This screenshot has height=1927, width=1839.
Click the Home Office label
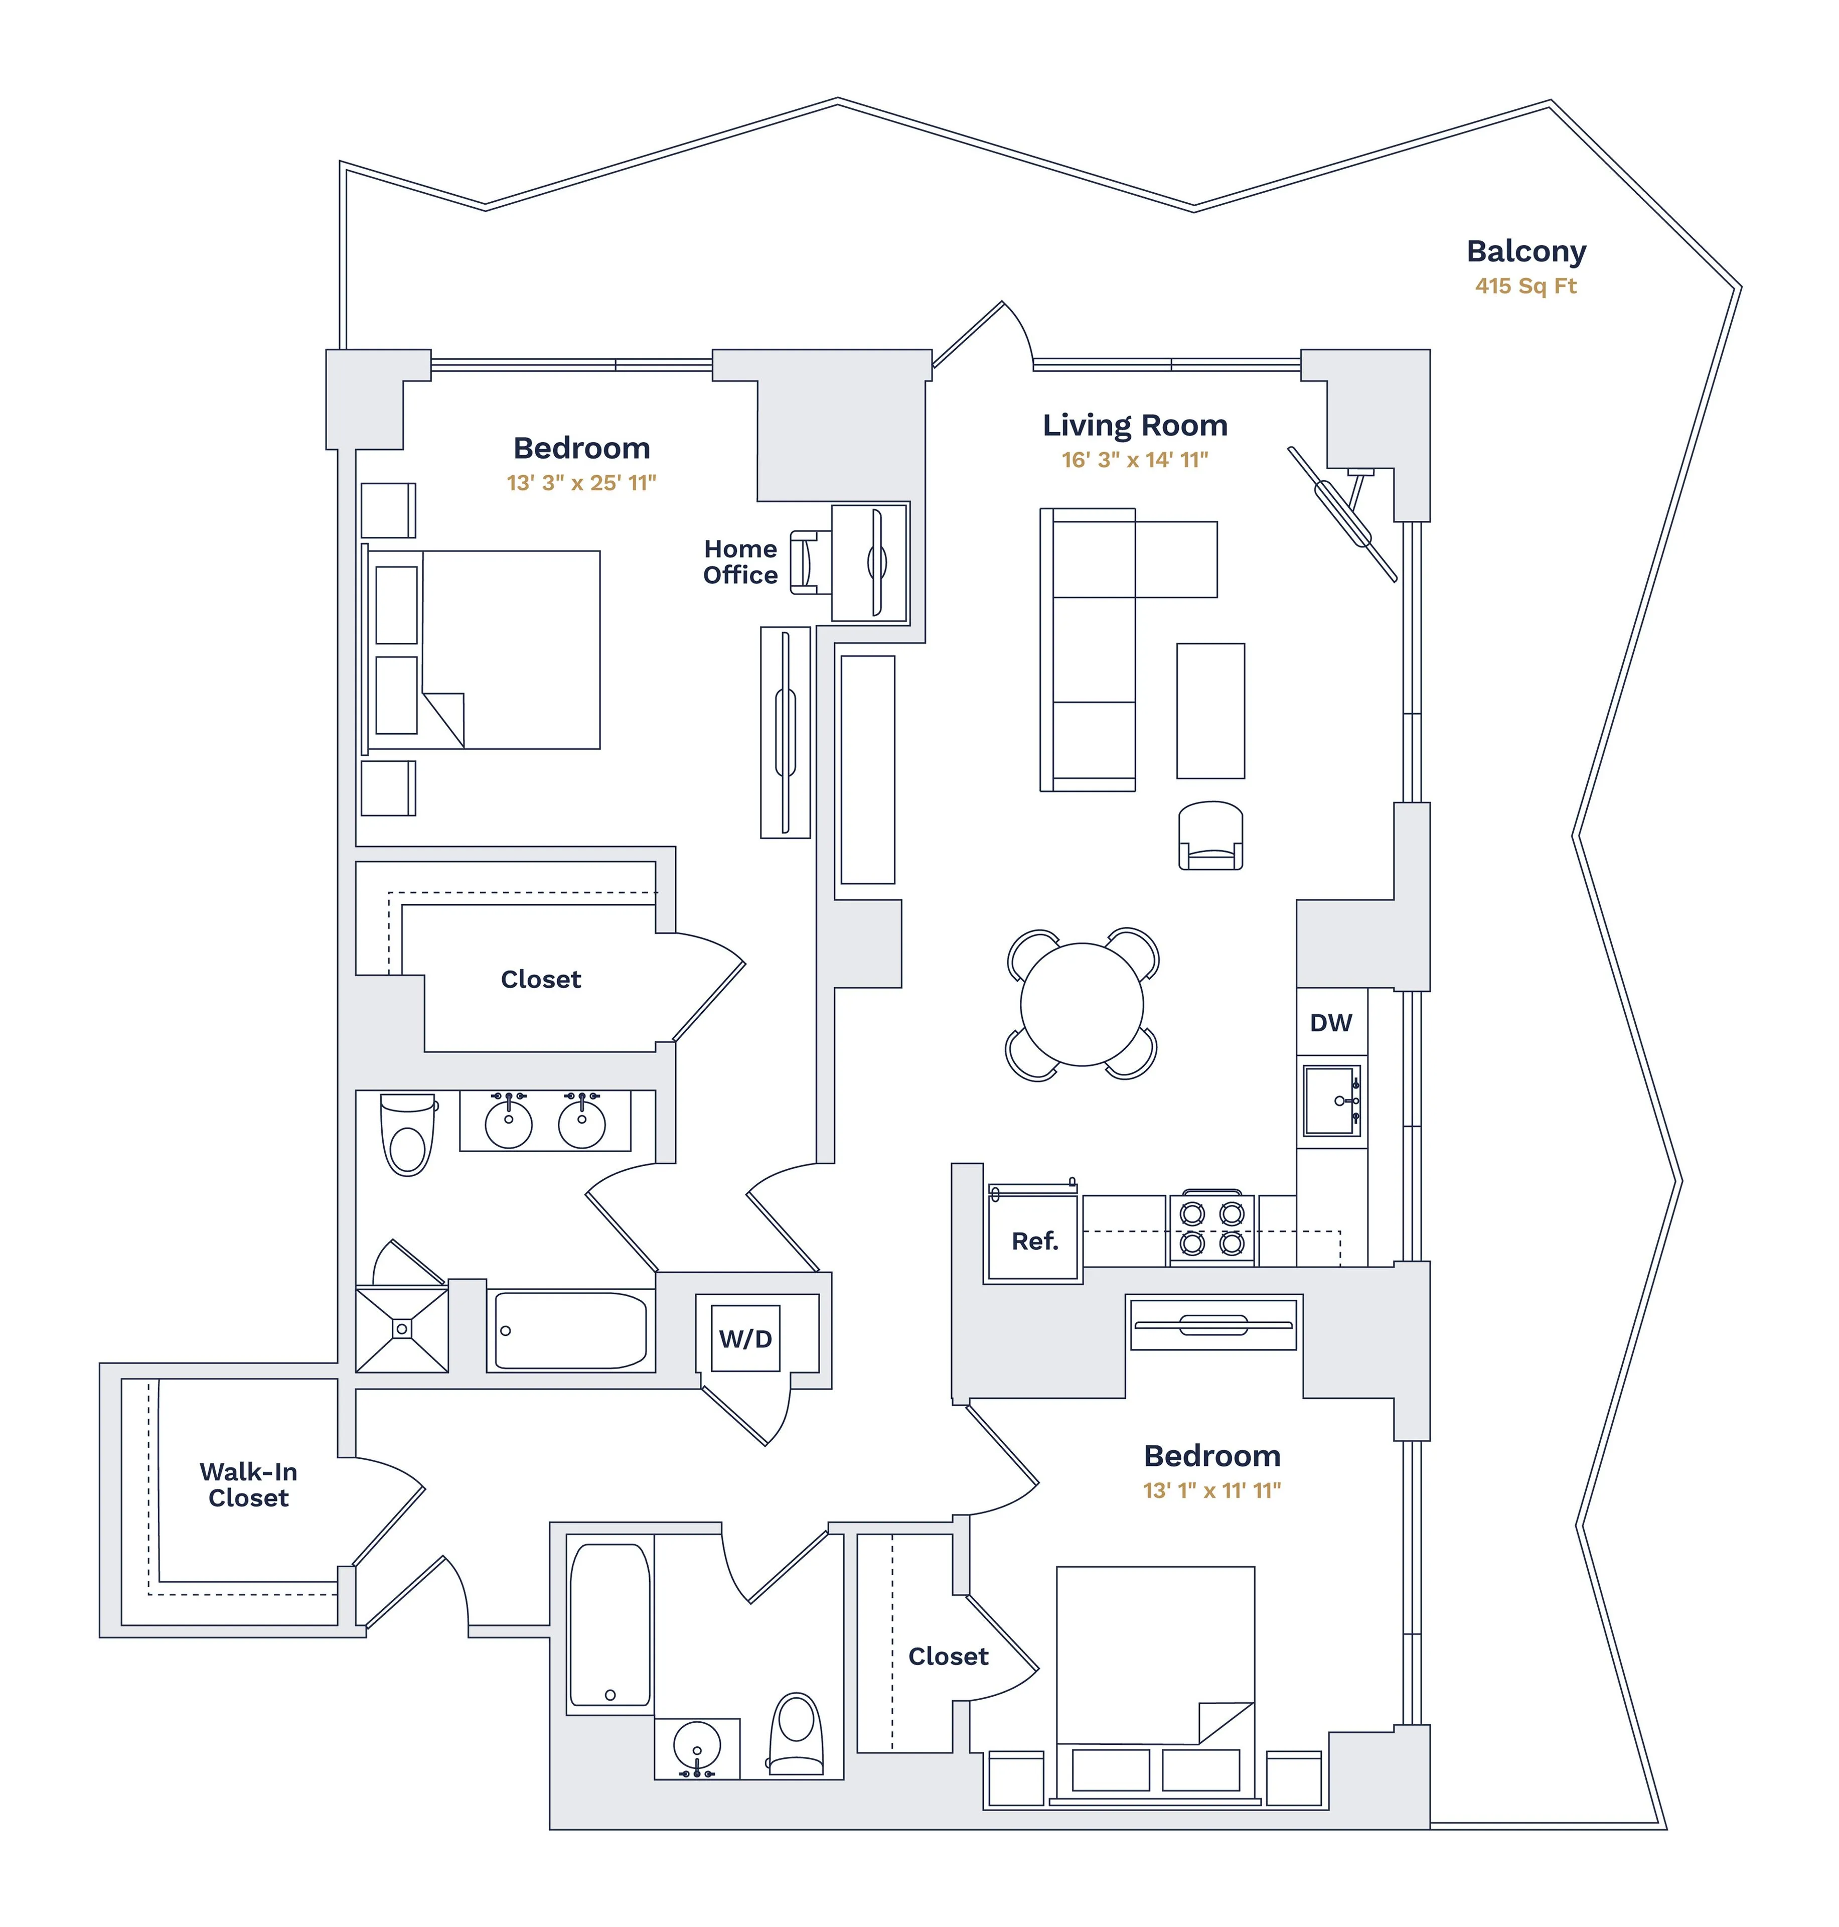[x=740, y=562]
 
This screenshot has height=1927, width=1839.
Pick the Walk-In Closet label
[x=248, y=1485]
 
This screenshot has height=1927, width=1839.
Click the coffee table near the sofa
[x=1210, y=711]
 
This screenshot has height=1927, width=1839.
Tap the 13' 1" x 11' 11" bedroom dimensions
[x=1211, y=1490]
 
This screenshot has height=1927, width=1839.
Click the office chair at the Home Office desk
[x=806, y=562]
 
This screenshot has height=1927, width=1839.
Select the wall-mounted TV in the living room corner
[x=1343, y=515]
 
